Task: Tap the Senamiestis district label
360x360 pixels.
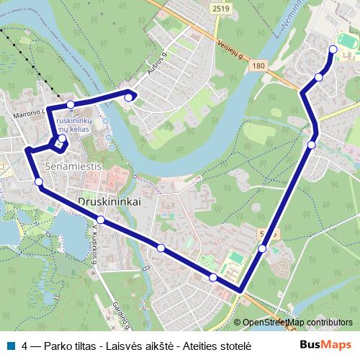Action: pos(71,165)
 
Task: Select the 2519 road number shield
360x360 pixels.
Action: pos(222,8)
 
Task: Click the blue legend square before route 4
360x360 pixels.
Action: pos(10,345)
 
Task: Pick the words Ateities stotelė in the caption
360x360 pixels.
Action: pos(216,345)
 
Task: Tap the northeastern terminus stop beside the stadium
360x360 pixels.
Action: pos(333,49)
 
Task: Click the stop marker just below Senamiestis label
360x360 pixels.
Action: pos(39,182)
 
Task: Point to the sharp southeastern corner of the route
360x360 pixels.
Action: pos(239,291)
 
